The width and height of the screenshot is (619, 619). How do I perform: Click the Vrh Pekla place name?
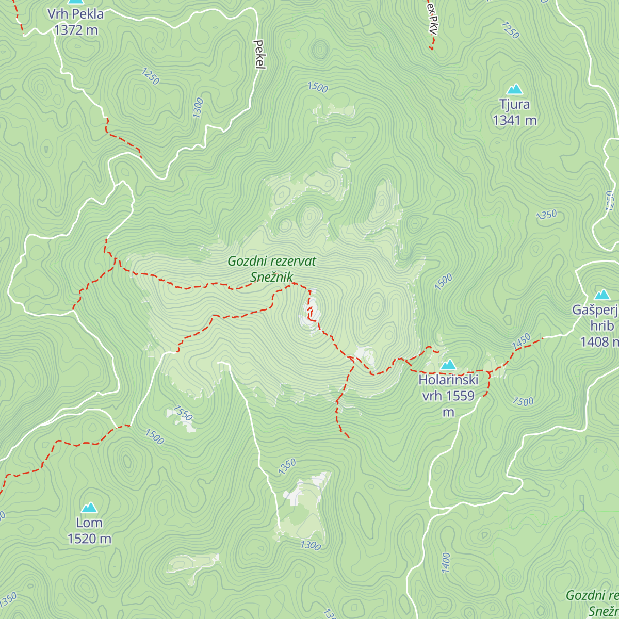click(76, 14)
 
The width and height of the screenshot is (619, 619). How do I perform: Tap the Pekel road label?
click(259, 54)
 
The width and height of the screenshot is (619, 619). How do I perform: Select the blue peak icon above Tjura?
click(514, 89)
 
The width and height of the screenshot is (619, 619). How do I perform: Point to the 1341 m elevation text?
click(514, 120)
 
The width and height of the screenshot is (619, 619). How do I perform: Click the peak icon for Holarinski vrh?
click(448, 365)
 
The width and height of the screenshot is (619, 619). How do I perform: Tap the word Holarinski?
click(448, 380)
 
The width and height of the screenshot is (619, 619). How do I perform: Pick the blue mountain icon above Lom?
click(89, 508)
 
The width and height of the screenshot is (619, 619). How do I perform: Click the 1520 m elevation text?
click(89, 539)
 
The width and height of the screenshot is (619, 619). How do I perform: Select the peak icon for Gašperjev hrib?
click(601, 295)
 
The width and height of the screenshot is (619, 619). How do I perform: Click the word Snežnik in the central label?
click(271, 277)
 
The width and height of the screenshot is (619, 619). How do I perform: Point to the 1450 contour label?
click(521, 341)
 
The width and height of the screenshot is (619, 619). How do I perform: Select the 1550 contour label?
click(183, 413)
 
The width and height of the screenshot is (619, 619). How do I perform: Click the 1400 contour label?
click(446, 562)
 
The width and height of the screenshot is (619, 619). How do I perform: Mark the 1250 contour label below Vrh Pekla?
click(150, 76)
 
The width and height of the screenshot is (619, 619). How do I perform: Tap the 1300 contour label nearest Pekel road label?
click(198, 108)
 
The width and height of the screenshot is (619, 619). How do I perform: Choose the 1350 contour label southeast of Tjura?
click(546, 215)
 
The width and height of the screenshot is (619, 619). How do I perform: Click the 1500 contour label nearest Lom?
click(154, 437)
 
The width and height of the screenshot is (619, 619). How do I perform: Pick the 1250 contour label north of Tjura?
click(510, 30)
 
